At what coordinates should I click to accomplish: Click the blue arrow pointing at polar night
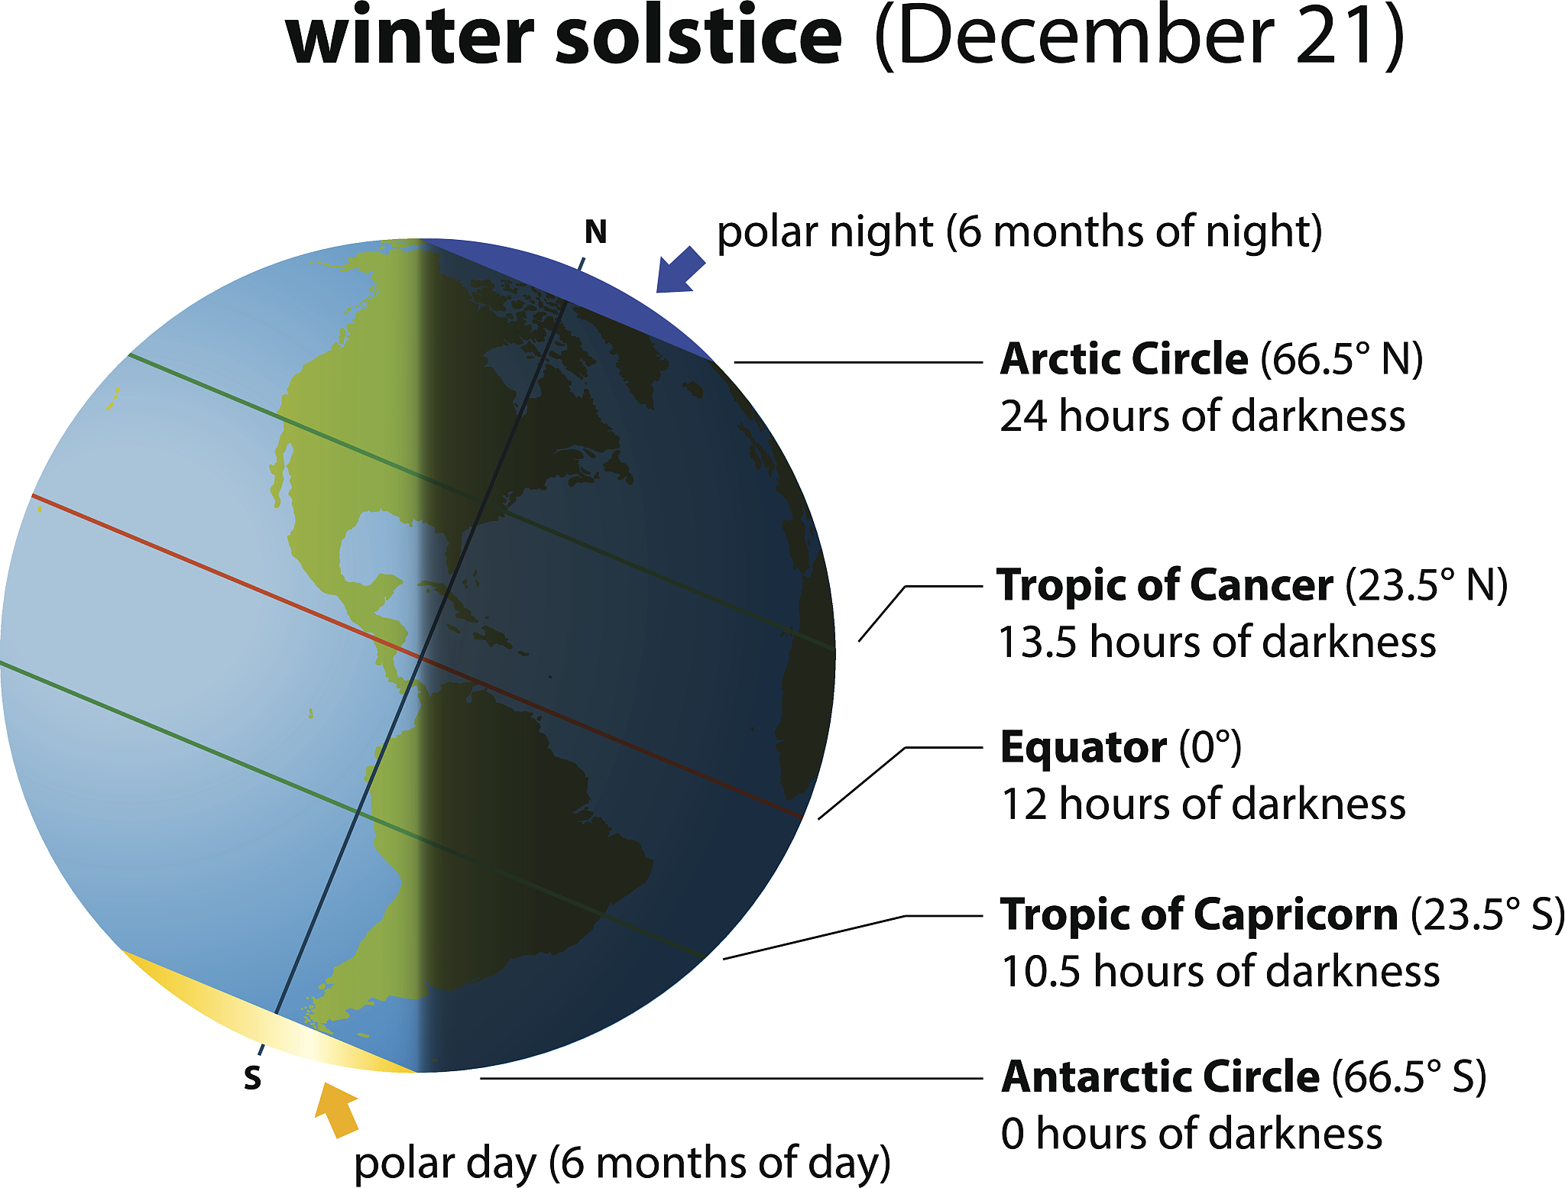coord(679,271)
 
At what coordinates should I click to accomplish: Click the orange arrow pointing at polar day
coord(337,1108)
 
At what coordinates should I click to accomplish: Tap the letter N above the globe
coord(595,231)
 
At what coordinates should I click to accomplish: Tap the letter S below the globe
coord(252,1077)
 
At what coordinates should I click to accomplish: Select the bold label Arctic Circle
coord(1124,358)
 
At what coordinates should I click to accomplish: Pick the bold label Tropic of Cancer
coord(1165,585)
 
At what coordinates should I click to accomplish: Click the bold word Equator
coord(1084,747)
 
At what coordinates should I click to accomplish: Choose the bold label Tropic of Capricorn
coord(1199,914)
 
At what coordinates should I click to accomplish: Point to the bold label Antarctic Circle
coord(1160,1076)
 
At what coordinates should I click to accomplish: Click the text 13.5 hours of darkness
coord(1217,642)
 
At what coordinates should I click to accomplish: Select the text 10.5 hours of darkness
coord(1220,972)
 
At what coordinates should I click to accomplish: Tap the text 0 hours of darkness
coord(1191,1134)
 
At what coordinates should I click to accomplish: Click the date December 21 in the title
coord(1139,37)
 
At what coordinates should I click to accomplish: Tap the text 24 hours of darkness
coord(1202,416)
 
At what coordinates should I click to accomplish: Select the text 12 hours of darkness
coord(1203,804)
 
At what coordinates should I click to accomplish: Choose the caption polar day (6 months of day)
coord(622,1163)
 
